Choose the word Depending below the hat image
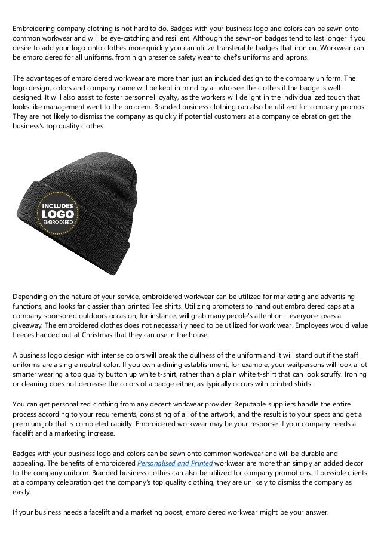click(32, 297)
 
